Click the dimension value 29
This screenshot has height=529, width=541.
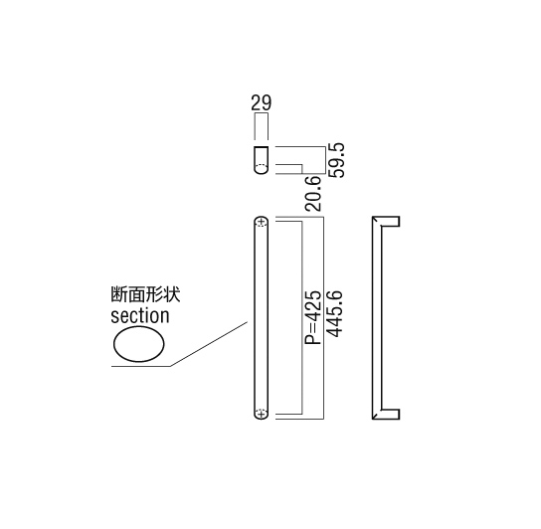(x=262, y=102)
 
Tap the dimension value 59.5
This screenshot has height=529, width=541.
(x=336, y=160)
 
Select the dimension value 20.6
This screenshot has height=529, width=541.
(x=313, y=193)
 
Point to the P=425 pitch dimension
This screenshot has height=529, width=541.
(x=313, y=317)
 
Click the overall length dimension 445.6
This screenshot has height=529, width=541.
(x=334, y=314)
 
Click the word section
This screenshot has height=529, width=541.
(x=140, y=316)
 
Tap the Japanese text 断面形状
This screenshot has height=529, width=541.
(x=145, y=295)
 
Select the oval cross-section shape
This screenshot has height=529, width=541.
(x=139, y=344)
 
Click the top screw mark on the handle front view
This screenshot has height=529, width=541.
(x=262, y=222)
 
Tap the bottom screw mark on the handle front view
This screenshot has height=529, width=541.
(x=262, y=413)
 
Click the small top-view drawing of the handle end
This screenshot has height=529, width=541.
(x=262, y=160)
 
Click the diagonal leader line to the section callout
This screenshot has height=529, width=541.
(x=209, y=344)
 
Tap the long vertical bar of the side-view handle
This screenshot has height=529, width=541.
(x=377, y=318)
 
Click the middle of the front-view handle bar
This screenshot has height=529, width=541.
(x=262, y=318)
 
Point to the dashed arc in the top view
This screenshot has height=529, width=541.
(x=262, y=164)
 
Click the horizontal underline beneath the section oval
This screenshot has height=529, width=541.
(x=141, y=366)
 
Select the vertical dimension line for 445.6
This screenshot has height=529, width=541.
(x=323, y=318)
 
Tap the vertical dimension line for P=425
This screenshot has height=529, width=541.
(x=302, y=317)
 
